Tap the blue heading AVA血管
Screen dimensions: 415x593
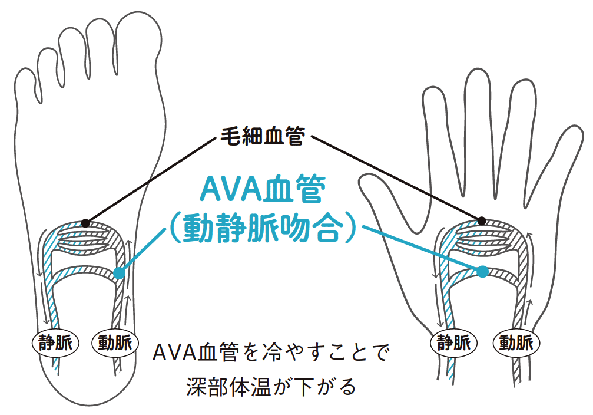click(x=263, y=190)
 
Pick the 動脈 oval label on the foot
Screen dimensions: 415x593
click(x=115, y=341)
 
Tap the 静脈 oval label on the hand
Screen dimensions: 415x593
click(x=453, y=341)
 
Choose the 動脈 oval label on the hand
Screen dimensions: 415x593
click(x=516, y=341)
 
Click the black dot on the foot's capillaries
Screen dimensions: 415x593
click(x=86, y=223)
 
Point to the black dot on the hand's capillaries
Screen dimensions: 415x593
click(x=482, y=220)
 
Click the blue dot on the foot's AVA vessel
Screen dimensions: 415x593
click(x=119, y=273)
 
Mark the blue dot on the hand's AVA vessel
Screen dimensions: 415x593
click(x=483, y=272)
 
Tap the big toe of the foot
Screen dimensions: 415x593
click(x=139, y=41)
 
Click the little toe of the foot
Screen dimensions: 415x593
click(x=26, y=88)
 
